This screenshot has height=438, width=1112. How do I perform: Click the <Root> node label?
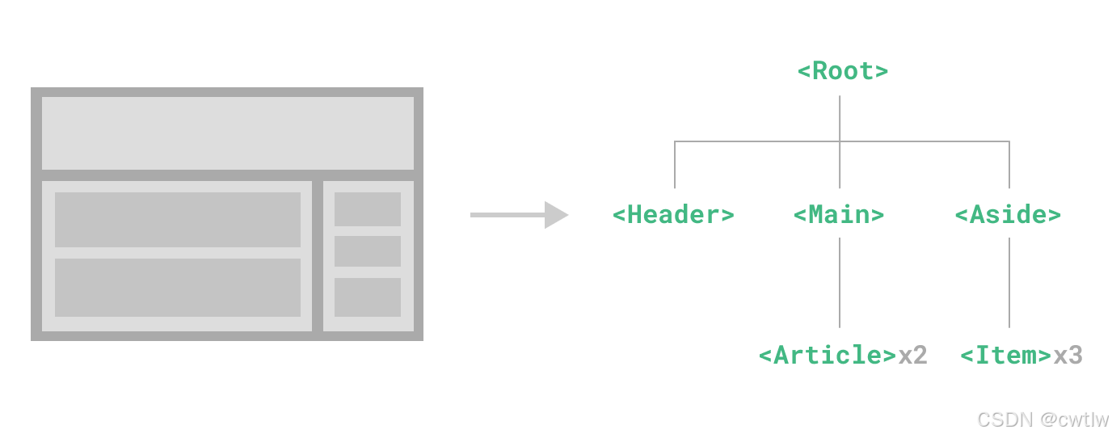[843, 71]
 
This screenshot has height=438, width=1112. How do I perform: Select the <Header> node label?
[673, 215]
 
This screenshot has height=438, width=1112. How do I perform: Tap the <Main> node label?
[839, 215]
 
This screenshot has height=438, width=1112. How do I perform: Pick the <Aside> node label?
[1008, 215]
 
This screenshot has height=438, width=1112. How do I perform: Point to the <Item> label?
[1005, 356]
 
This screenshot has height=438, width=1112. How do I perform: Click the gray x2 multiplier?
[912, 356]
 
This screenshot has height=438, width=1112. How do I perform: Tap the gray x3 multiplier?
[1068, 356]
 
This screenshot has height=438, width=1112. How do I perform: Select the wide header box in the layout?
[228, 133]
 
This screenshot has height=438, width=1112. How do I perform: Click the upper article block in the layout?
[178, 220]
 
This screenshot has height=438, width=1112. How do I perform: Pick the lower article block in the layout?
[178, 288]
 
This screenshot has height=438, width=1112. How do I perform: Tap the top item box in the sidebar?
[368, 209]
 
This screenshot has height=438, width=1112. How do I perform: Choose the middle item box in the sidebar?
[368, 251]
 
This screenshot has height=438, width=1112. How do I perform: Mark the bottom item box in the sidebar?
[368, 297]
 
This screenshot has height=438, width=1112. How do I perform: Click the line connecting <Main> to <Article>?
[840, 283]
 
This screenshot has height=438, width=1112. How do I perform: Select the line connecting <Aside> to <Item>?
[1009, 283]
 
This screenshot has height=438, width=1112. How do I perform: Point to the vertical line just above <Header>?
[675, 166]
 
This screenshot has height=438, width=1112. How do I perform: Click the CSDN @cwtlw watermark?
[1042, 419]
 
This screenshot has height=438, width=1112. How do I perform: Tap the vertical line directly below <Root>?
[840, 118]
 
